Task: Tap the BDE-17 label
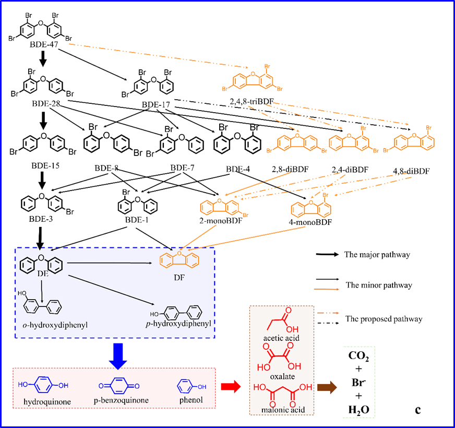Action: click(x=156, y=105)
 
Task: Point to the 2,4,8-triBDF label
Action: click(x=252, y=100)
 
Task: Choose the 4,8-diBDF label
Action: click(x=412, y=171)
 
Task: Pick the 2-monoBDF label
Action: click(x=221, y=221)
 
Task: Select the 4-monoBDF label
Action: click(x=312, y=222)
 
